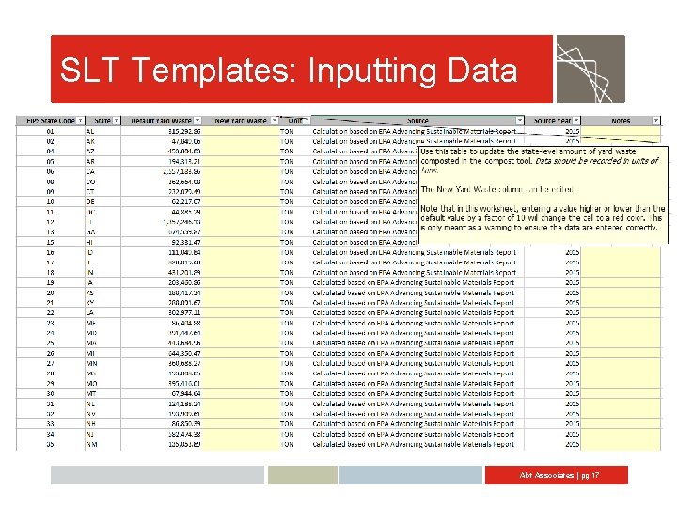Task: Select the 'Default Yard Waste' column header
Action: point(161,120)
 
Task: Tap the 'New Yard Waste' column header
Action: point(241,120)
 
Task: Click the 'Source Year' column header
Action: point(552,120)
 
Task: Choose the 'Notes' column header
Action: point(620,120)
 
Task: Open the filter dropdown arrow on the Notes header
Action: point(654,120)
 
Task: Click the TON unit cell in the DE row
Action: point(287,201)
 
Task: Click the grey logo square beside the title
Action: point(590,69)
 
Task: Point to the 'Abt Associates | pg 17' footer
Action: point(559,476)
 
